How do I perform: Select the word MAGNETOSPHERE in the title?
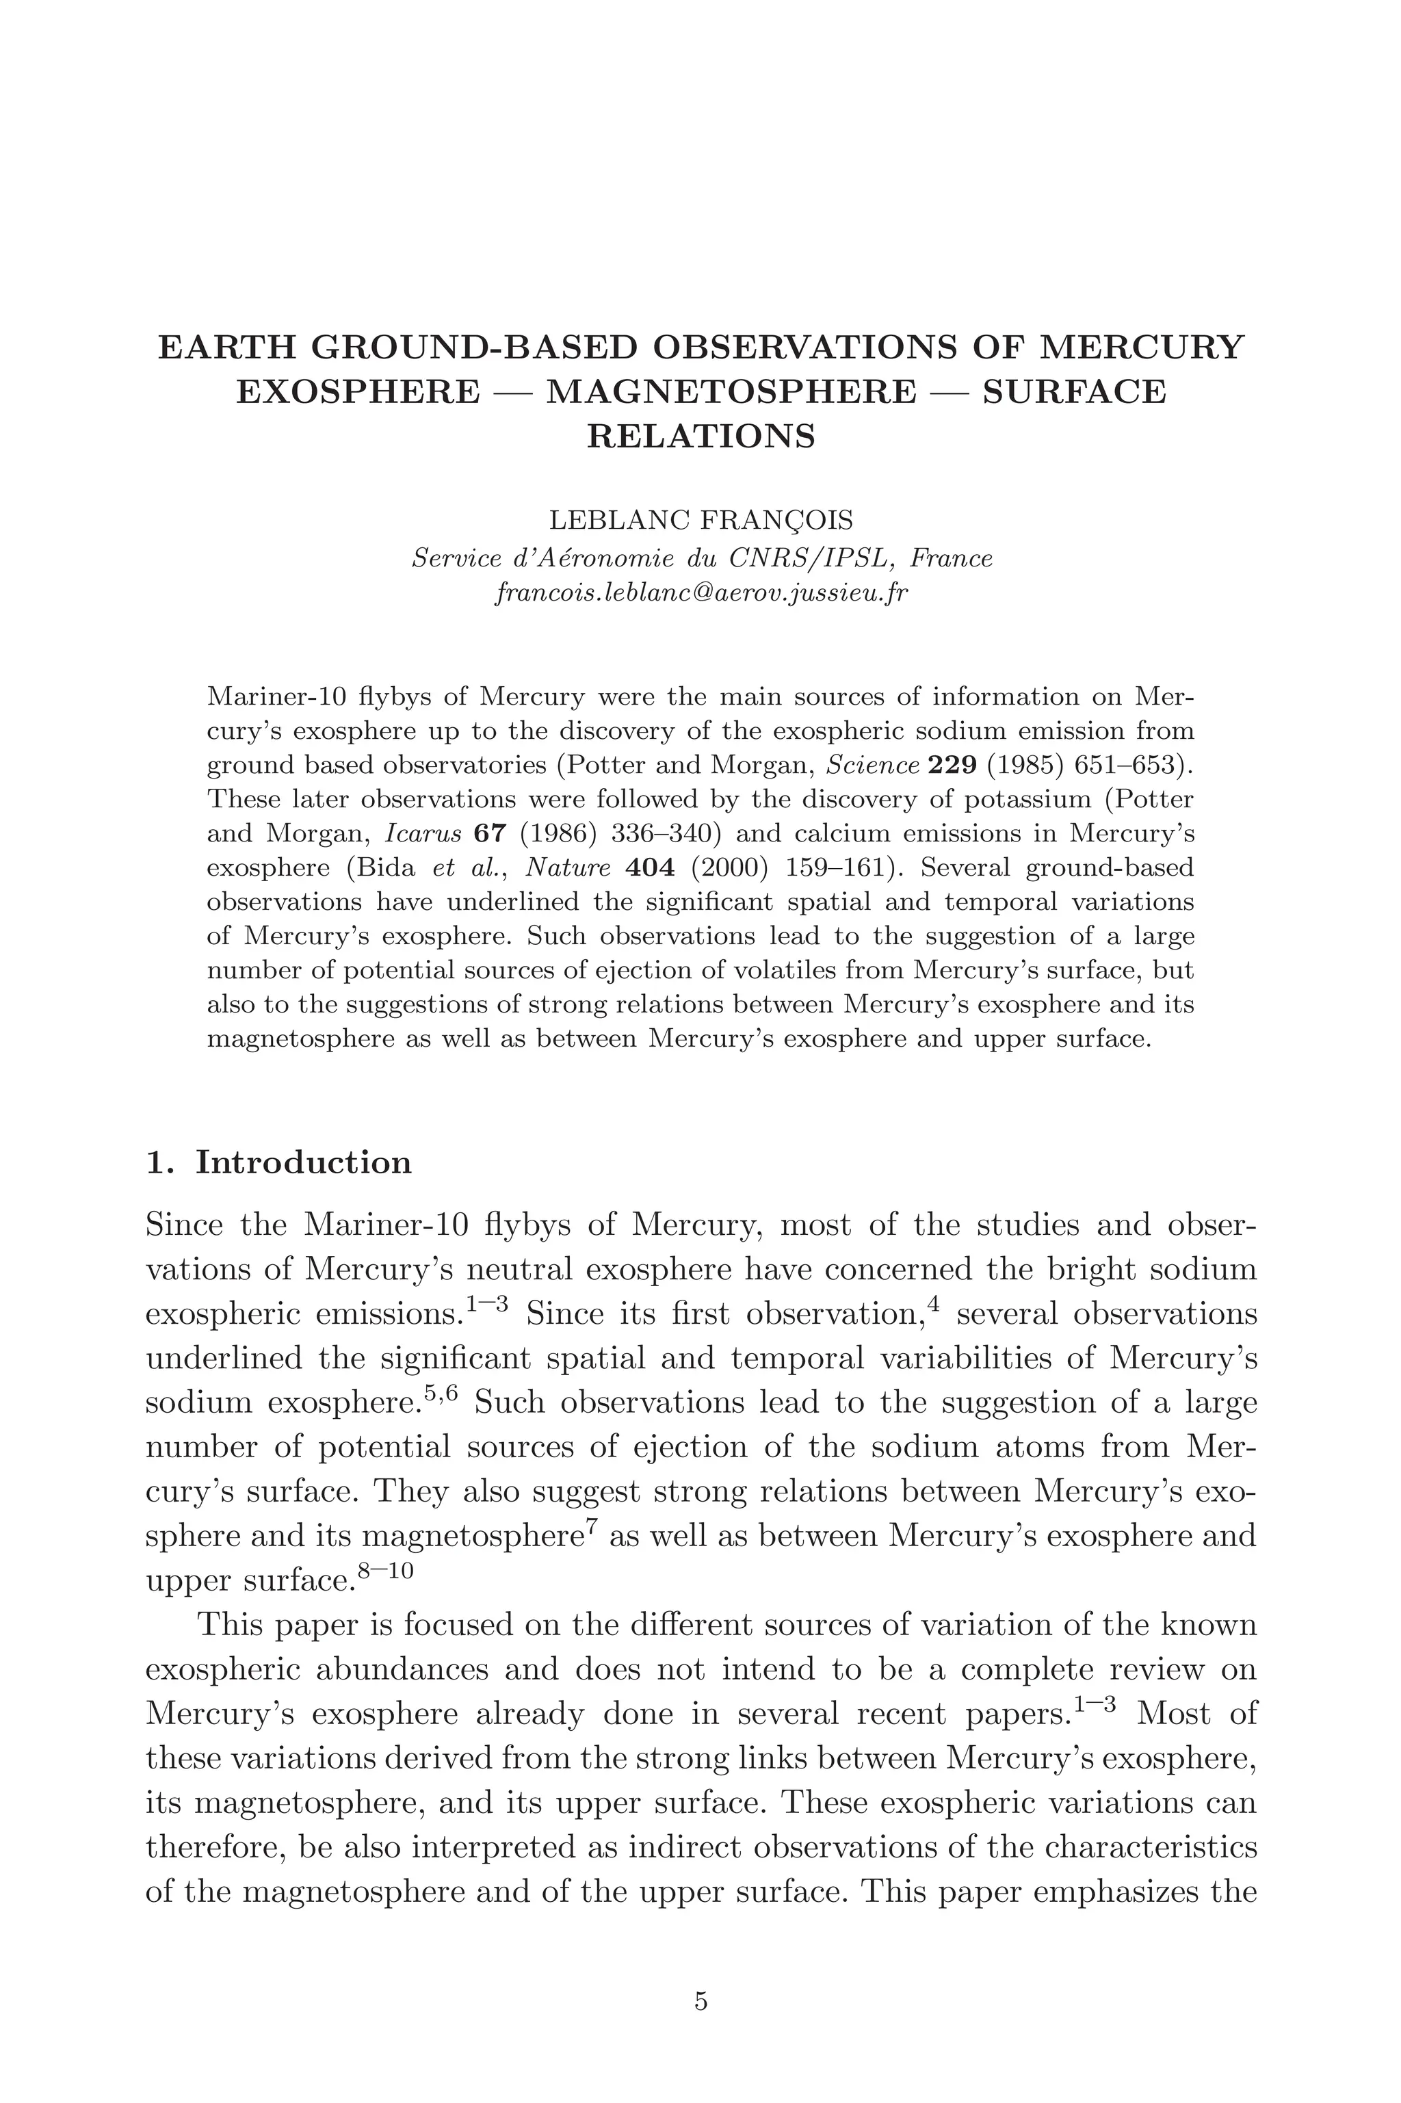(x=730, y=391)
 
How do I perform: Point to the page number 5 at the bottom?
(x=700, y=2002)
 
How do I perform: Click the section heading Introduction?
(x=304, y=1162)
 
